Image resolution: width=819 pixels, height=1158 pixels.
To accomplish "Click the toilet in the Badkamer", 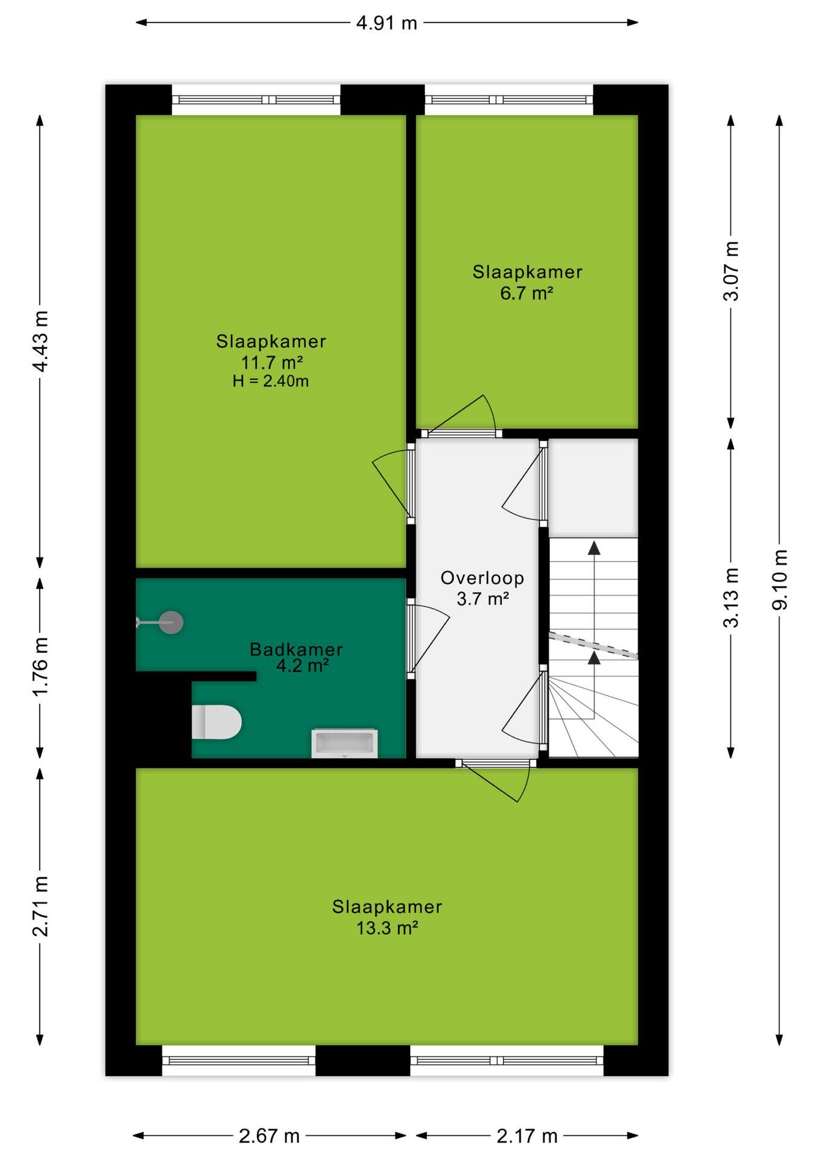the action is click(x=217, y=722).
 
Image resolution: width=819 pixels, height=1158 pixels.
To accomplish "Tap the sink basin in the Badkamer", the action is click(x=344, y=743).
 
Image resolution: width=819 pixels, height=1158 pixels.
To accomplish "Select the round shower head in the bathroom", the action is click(x=171, y=622).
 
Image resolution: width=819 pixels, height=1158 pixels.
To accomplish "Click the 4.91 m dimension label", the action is click(x=387, y=23).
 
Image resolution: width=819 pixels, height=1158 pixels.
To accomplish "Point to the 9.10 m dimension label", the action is click(x=780, y=580).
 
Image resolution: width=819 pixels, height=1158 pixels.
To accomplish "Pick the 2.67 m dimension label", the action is click(x=269, y=1136).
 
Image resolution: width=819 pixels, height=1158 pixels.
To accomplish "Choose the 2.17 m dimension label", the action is click(x=527, y=1136).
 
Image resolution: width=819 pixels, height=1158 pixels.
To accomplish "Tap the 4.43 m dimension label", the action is click(x=40, y=341).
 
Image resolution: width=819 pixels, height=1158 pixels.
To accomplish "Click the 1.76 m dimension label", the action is click(x=40, y=666).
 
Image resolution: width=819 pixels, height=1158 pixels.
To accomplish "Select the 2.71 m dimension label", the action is click(x=40, y=906).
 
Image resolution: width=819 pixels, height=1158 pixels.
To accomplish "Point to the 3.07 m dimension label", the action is click(x=731, y=271).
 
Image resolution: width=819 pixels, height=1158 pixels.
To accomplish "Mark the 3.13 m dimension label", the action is click(x=731, y=597).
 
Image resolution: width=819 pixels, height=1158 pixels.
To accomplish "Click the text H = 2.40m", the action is click(x=271, y=381).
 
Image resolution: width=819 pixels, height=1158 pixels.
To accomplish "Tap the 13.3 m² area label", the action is click(x=387, y=928).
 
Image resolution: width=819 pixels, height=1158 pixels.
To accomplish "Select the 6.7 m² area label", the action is click(x=527, y=293).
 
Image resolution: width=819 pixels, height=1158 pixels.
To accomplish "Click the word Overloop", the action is click(x=482, y=578).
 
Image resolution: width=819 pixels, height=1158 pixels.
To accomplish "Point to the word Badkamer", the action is click(x=296, y=650).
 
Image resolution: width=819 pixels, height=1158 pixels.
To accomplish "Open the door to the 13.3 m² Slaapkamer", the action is click(x=496, y=780).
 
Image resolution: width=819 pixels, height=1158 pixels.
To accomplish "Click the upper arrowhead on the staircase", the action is click(x=595, y=548).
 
